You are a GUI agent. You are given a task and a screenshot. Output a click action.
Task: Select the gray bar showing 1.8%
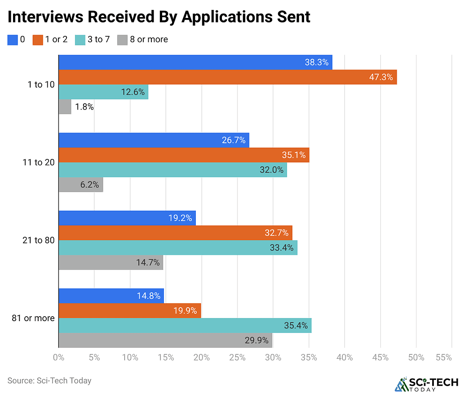tap(65, 107)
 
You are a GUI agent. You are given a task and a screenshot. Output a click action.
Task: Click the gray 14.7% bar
tap(111, 263)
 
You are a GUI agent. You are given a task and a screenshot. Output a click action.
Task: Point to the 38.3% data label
tap(316, 62)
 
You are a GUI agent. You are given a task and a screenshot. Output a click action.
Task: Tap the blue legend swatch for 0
tap(13, 40)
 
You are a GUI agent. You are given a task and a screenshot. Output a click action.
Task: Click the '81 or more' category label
tap(33, 318)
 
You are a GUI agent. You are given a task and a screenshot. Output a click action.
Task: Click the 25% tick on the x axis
tap(237, 358)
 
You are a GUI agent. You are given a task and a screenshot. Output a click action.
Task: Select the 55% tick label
tap(443, 358)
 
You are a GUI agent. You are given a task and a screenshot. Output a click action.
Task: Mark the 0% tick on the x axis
tap(58, 358)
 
